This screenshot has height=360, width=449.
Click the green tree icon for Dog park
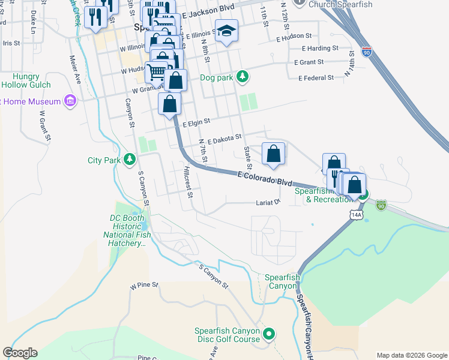[x=242, y=76]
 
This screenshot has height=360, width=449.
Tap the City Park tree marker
[x=129, y=160]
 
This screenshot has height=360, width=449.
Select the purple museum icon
[x=71, y=101]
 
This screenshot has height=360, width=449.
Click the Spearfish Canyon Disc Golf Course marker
[x=269, y=334]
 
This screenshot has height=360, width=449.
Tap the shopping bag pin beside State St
[x=273, y=154]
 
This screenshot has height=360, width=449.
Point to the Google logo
[x=20, y=353]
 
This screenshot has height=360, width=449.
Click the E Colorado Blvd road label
[x=264, y=178]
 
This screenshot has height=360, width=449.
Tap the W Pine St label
[x=143, y=286]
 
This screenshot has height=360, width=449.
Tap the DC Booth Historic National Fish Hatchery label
[x=126, y=230]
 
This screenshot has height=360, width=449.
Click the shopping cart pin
[x=156, y=72]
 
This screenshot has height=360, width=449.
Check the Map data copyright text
[x=411, y=355]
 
